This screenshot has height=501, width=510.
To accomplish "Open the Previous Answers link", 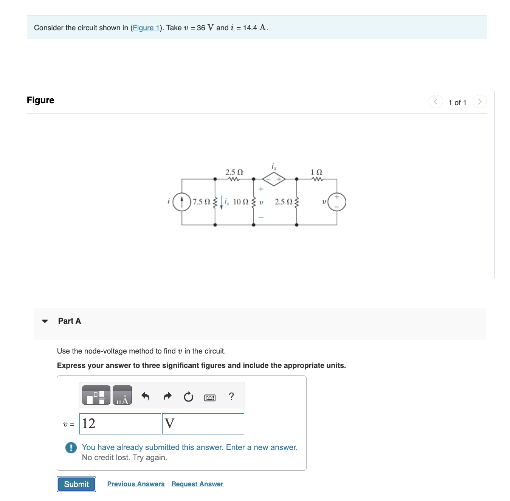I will [x=136, y=484].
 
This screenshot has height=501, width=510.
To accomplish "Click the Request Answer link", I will [x=197, y=484].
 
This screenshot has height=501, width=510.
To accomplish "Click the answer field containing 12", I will [x=120, y=423].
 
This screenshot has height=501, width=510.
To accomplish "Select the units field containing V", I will [x=203, y=423].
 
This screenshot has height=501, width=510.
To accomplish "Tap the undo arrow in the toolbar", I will [x=145, y=396].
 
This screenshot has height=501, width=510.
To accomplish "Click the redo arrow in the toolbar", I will [x=167, y=396].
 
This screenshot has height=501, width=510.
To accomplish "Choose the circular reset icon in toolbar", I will [x=188, y=397].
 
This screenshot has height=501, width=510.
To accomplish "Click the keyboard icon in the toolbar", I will [x=210, y=397].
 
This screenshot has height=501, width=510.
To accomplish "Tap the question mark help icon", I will [x=231, y=396].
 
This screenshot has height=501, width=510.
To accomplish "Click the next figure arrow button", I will [x=479, y=102].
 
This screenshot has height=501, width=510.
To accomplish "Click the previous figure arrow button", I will [x=436, y=102].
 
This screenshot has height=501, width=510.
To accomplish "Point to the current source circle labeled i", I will [x=182, y=202].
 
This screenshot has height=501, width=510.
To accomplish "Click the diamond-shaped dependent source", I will [x=274, y=179].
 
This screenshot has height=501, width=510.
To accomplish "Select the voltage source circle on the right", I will [x=336, y=202].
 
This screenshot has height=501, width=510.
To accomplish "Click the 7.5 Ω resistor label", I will [x=201, y=202].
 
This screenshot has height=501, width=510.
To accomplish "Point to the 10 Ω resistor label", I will [x=240, y=202].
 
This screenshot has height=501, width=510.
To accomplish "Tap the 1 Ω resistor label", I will [x=316, y=172].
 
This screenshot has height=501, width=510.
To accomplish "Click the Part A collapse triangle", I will [x=45, y=321].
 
